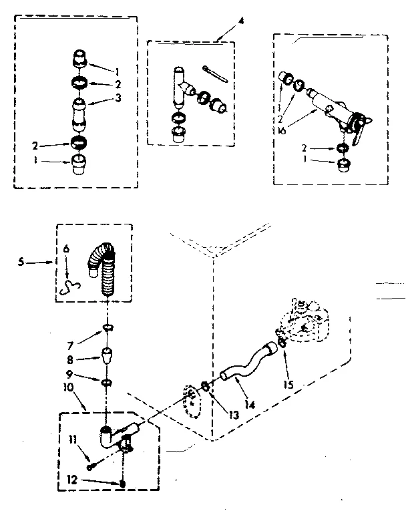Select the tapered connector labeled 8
(106, 354)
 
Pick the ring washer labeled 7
(106, 328)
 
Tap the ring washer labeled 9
(106, 382)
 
